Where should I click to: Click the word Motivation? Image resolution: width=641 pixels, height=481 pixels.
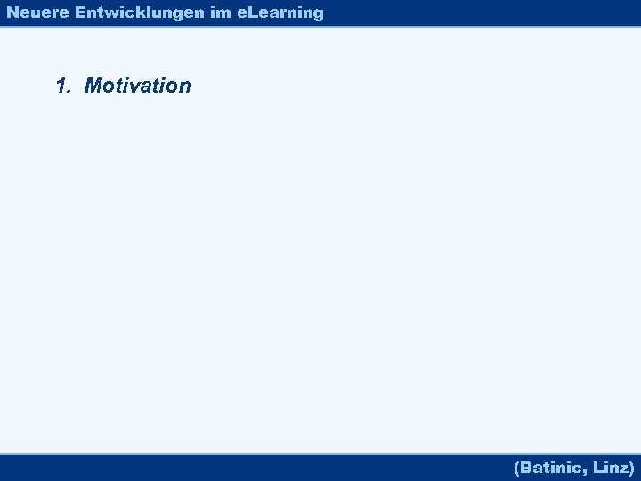(137, 86)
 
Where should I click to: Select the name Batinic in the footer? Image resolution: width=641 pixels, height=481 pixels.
(553, 467)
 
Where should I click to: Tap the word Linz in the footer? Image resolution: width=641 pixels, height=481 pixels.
(611, 467)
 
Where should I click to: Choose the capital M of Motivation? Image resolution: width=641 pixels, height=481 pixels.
(93, 86)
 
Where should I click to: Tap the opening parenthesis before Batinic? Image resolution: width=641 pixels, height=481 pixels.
(517, 467)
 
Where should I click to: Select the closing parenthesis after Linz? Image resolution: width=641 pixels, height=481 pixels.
(631, 467)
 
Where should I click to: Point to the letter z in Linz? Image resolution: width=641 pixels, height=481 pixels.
(622, 468)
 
